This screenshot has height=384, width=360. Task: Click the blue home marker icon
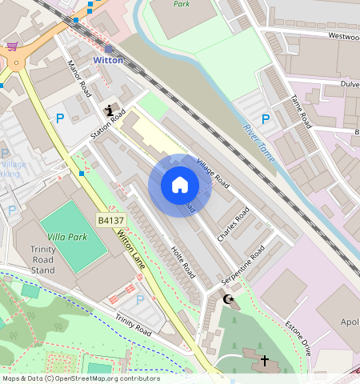point(180,186)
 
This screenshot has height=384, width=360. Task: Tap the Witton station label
point(108,61)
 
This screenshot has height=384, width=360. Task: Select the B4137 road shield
point(110,219)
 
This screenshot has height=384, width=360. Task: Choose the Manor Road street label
point(82,78)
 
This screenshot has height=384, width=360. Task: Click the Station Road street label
point(108,126)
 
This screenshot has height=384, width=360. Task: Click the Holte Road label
point(182,261)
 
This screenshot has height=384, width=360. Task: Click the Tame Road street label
point(300,111)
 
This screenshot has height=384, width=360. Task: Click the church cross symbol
point(265,360)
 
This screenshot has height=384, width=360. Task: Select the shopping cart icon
point(12,46)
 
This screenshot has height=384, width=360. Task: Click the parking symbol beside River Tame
point(266,119)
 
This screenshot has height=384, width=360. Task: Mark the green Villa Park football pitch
point(72,234)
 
